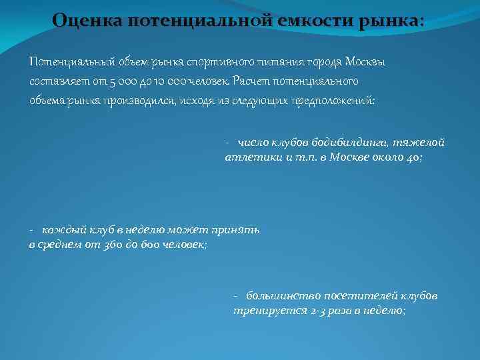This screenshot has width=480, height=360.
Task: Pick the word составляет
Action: click(57, 81)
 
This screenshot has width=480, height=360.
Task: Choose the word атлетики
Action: click(247, 157)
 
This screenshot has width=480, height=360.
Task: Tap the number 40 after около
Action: click(413, 157)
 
